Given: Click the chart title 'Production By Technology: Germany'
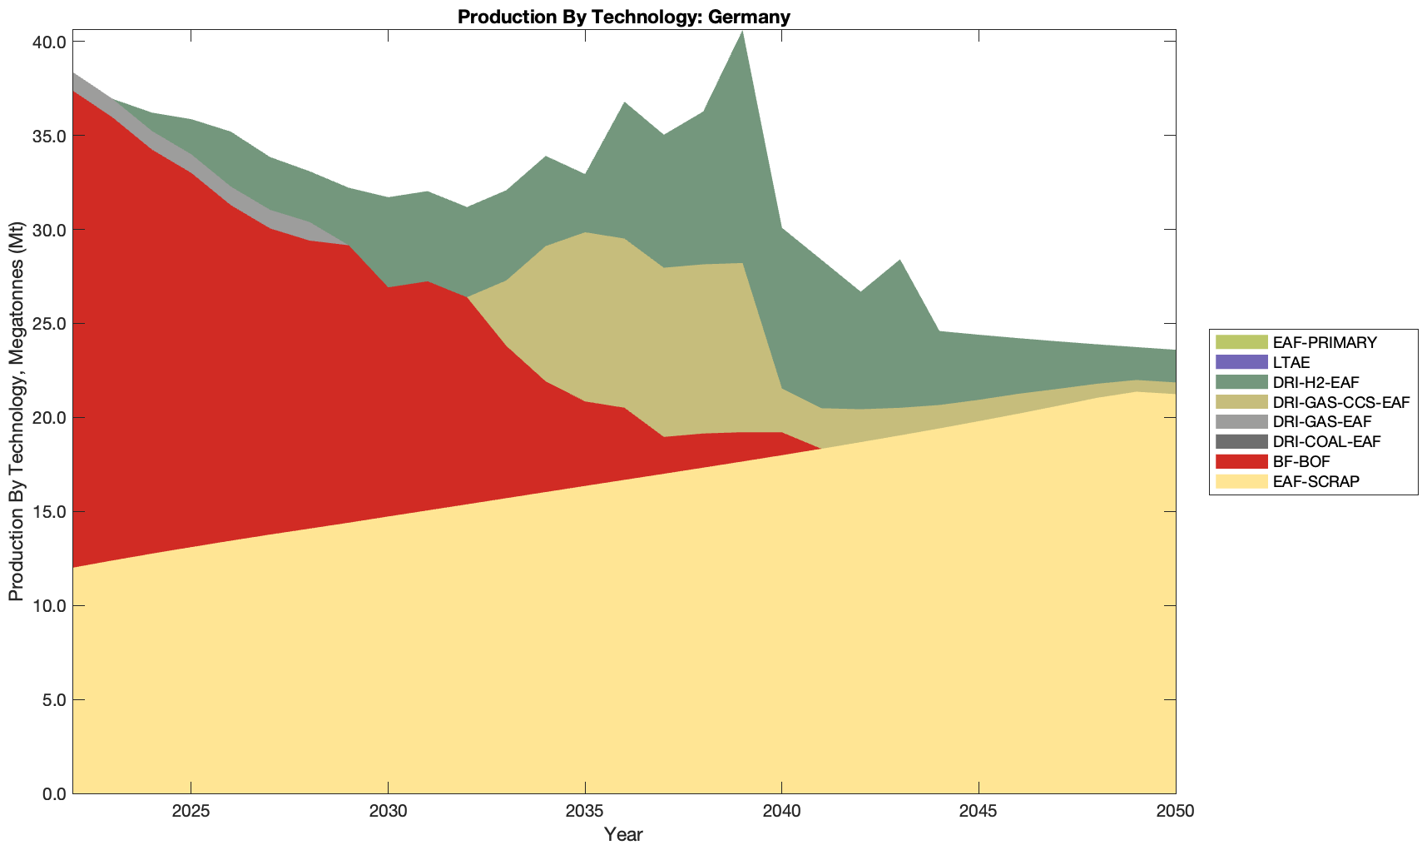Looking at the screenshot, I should pyautogui.click(x=623, y=17).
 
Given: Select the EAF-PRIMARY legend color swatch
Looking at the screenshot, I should pyautogui.click(x=1241, y=342).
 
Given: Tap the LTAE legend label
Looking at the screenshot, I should pyautogui.click(x=1291, y=362).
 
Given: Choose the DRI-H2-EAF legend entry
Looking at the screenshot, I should pyautogui.click(x=1316, y=382).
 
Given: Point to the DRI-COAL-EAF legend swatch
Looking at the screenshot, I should pyautogui.click(x=1241, y=442).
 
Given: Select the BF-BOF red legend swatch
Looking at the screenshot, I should pyautogui.click(x=1241, y=461).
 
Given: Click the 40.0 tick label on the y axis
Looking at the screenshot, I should pyautogui.click(x=50, y=42).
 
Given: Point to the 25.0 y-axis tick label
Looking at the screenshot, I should pyautogui.click(x=50, y=324).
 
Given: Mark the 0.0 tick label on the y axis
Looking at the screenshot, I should pyautogui.click(x=54, y=793).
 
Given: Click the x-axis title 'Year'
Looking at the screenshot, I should pyautogui.click(x=623, y=834).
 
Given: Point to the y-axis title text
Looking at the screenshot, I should pyautogui.click(x=16, y=411).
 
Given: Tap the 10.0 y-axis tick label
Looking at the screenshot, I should pyautogui.click(x=50, y=605).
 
